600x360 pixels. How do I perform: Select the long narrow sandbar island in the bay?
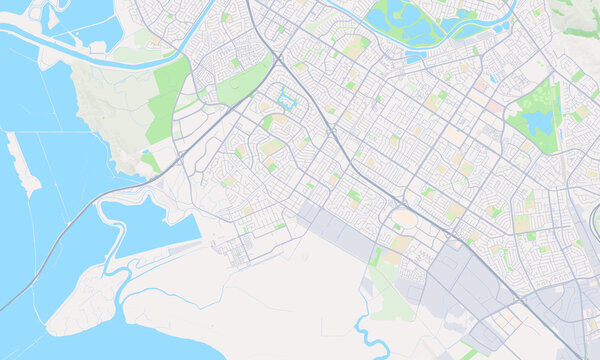pyautogui.click(x=23, y=166)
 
